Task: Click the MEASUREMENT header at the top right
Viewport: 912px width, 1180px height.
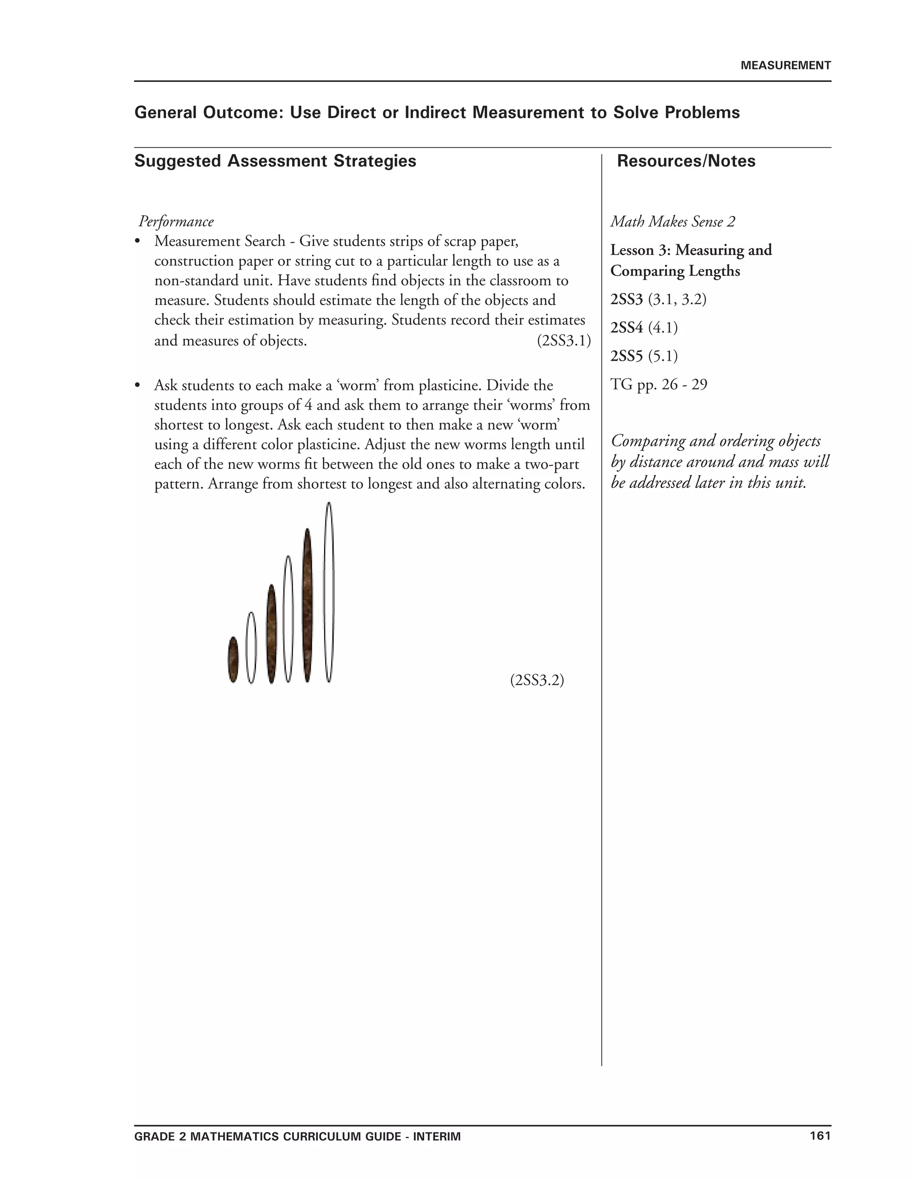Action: click(785, 66)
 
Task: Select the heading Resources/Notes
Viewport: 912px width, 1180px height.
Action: click(686, 161)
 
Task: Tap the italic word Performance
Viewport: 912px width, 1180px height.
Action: click(176, 221)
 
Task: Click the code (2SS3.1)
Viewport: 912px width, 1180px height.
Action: click(563, 341)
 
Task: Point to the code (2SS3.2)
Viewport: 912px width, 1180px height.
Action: click(537, 680)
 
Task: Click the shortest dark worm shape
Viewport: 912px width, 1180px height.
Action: click(233, 660)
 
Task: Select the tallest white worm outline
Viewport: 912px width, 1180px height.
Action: click(329, 592)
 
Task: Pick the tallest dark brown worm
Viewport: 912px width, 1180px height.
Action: click(307, 605)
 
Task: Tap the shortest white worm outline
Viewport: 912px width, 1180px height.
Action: click(251, 647)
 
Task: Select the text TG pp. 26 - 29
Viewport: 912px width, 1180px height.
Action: click(659, 385)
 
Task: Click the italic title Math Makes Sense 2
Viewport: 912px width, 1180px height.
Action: click(673, 221)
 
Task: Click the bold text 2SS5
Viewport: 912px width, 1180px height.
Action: click(627, 356)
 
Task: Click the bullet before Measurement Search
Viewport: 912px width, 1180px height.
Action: click(138, 241)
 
